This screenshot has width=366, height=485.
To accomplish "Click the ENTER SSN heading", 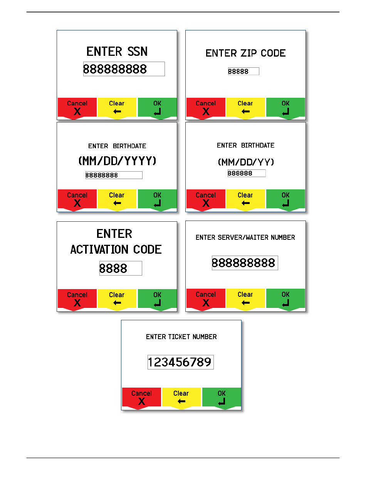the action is [x=117, y=52].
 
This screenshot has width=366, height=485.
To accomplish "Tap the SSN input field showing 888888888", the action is [x=124, y=69].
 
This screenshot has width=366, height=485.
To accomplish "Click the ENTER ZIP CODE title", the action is [x=245, y=53].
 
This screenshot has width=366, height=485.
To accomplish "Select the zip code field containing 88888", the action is [x=243, y=71].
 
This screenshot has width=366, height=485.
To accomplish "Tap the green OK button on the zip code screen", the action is [x=285, y=107].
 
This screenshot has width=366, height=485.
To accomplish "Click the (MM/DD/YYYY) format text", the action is [x=117, y=161].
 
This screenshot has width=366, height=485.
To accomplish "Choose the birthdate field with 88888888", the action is [x=114, y=175].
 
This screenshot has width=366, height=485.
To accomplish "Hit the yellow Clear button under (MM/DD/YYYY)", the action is [x=117, y=199].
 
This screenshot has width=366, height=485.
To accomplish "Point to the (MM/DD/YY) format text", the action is [x=246, y=162].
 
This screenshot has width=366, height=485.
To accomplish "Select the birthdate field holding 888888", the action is [x=246, y=173].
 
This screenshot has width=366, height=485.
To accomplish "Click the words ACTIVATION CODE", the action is [x=116, y=249].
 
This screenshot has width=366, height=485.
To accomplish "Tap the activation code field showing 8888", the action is [x=121, y=268].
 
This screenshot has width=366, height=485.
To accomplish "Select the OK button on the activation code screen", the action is [x=157, y=299].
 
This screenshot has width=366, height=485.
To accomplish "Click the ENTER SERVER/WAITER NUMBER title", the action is [x=245, y=237].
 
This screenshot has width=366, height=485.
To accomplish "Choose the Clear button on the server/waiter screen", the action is [x=245, y=298].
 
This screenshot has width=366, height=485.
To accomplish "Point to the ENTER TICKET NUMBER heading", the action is [x=181, y=337].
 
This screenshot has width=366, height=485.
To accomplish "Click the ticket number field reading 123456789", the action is [x=180, y=362].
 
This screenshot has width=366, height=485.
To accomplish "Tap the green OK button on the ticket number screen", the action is [x=222, y=397].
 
